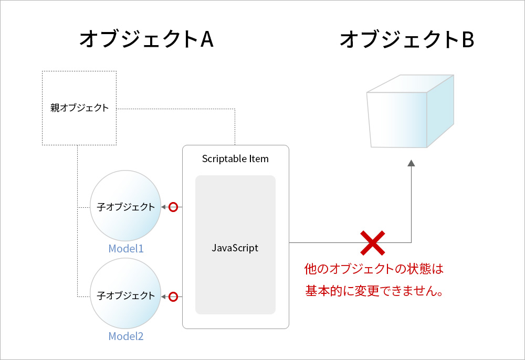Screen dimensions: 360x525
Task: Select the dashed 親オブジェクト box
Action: (79, 108)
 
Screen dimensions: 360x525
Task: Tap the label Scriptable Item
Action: (235, 159)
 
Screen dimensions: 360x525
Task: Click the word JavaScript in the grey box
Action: (235, 248)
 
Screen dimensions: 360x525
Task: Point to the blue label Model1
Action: (126, 249)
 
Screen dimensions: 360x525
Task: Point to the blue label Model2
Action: (126, 336)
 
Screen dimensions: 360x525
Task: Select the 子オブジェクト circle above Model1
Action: (126, 207)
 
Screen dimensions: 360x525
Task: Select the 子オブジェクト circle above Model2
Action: (126, 296)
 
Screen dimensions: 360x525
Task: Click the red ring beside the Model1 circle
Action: (173, 207)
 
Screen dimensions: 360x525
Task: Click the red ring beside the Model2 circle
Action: (173, 297)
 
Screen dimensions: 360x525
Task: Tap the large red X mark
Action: (373, 242)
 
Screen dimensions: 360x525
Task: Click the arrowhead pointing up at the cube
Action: (411, 163)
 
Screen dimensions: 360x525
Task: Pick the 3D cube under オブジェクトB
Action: (409, 111)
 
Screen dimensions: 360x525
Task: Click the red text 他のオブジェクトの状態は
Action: (374, 270)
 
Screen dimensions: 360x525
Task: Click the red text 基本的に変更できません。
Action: (375, 290)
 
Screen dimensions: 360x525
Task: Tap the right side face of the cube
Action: (440, 111)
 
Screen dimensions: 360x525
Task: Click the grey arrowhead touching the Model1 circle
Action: (163, 207)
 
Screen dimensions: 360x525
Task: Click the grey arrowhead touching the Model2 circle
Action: (163, 297)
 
